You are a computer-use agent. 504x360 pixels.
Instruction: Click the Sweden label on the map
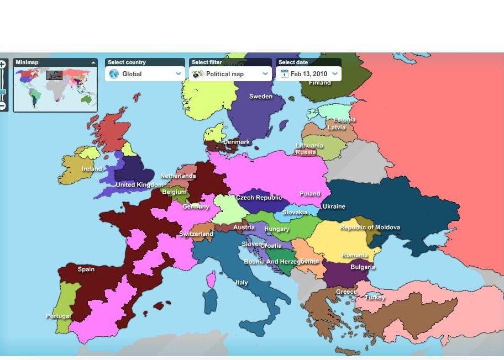261,97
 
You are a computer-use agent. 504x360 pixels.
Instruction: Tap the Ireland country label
92,169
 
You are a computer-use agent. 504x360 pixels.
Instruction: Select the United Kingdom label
139,185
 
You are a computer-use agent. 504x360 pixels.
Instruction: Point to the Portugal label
58,316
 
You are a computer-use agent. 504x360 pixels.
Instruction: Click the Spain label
86,269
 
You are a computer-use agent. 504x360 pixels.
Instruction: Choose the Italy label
242,283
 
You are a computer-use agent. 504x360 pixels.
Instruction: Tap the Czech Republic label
259,198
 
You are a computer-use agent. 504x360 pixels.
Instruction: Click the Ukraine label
334,207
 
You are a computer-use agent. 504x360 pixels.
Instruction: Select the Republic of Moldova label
370,227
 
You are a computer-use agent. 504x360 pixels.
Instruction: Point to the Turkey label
375,298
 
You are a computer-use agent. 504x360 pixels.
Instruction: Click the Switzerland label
196,234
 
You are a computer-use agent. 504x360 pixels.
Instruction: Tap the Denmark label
237,142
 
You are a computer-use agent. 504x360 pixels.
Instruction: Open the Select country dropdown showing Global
145,74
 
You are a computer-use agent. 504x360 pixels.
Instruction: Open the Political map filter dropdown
230,74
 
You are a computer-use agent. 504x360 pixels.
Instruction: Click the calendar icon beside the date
285,74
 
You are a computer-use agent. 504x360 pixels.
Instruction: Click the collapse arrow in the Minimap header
92,62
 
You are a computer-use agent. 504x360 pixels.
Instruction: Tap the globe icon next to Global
114,74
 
